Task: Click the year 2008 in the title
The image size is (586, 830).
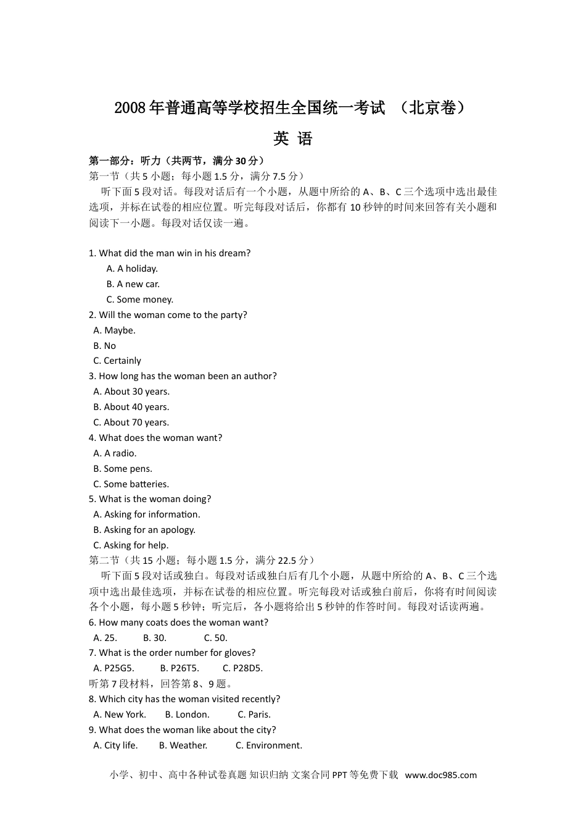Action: [x=129, y=108]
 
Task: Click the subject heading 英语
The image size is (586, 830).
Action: [x=293, y=139]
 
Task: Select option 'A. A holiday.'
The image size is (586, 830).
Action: [x=132, y=269]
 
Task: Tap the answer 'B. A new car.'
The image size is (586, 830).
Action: [x=133, y=284]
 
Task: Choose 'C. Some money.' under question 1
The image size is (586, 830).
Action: [x=139, y=300]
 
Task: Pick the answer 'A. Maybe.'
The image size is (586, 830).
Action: [x=114, y=330]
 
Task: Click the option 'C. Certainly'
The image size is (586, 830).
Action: [x=117, y=361]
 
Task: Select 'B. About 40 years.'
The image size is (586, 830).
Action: [x=131, y=407]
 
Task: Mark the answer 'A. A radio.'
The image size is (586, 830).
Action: [x=115, y=453]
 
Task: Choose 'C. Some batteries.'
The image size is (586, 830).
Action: [x=131, y=484]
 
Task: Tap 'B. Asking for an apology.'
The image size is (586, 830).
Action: [x=144, y=530]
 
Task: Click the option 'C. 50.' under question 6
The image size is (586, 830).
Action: [x=216, y=638]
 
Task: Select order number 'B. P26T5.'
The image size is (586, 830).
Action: [x=180, y=668]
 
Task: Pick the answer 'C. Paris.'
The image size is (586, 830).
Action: [x=254, y=715]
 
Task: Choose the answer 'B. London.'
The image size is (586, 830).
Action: [x=188, y=715]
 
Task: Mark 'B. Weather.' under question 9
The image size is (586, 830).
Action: [x=183, y=745]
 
